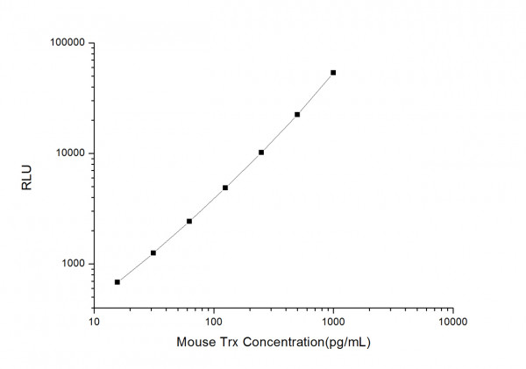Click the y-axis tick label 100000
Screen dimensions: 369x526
coord(66,43)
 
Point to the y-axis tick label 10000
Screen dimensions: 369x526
coord(68,153)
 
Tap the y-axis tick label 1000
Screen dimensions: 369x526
coord(71,264)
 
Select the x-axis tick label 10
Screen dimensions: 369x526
coord(94,322)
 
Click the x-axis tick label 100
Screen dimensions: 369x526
coord(213,322)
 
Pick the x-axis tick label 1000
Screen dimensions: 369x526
coord(333,322)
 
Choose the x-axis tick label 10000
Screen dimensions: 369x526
coord(452,322)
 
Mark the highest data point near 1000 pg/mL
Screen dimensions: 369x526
coord(333,73)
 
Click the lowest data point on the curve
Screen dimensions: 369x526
coord(117,282)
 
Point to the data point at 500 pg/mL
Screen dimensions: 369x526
coord(297,115)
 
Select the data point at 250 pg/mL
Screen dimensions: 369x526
coord(261,153)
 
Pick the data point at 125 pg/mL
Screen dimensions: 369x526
coord(225,188)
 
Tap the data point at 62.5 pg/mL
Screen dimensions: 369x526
coord(189,222)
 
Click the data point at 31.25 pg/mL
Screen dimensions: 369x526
coord(153,253)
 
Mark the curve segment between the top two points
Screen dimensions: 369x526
coord(316,94)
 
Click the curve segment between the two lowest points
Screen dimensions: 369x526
coord(136,267)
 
